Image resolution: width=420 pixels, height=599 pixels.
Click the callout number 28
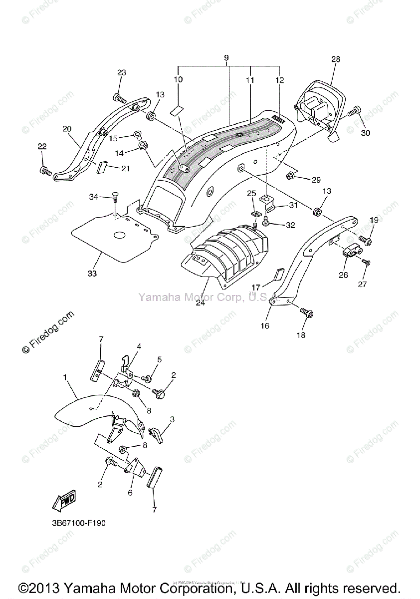[x=335, y=59]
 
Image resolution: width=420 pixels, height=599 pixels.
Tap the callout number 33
[x=92, y=274]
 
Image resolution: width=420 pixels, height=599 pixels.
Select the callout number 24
[x=200, y=302]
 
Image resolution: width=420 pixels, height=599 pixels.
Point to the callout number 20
[x=67, y=128]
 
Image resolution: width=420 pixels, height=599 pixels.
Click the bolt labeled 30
[x=355, y=112]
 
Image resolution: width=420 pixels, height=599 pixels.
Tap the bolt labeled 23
[x=118, y=96]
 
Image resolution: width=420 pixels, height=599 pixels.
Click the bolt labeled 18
[x=305, y=313]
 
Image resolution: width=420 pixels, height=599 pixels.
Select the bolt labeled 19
[x=367, y=242]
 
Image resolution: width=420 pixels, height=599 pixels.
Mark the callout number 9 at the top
[x=226, y=58]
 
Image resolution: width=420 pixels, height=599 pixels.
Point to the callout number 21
[x=125, y=169]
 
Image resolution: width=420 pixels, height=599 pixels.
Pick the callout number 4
[x=139, y=346]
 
